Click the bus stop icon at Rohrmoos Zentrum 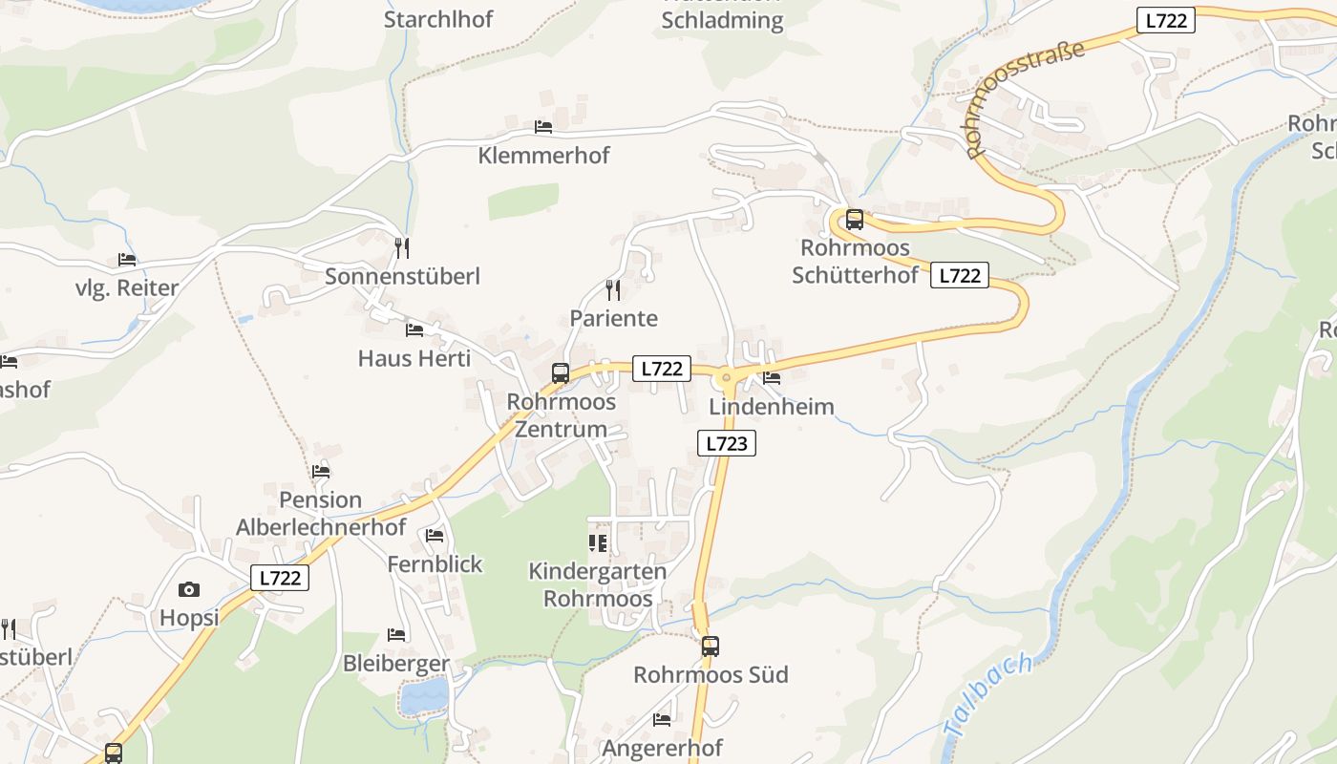pyautogui.click(x=561, y=373)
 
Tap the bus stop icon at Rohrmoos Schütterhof pyautogui.click(x=855, y=220)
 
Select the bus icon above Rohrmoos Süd pyautogui.click(x=710, y=647)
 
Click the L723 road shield pyautogui.click(x=726, y=443)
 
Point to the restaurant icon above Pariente pyautogui.click(x=613, y=289)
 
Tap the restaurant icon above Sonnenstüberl pyautogui.click(x=402, y=248)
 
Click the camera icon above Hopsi pyautogui.click(x=189, y=589)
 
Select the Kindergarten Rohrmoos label pyautogui.click(x=597, y=584)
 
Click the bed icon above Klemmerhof pyautogui.click(x=543, y=126)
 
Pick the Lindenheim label pyautogui.click(x=772, y=407)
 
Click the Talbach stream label pyautogui.click(x=988, y=695)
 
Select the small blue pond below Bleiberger pyautogui.click(x=424, y=696)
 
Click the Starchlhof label pyautogui.click(x=437, y=19)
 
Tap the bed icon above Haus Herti pyautogui.click(x=414, y=330)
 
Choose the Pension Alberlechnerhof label pyautogui.click(x=321, y=513)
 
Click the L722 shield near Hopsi pyautogui.click(x=281, y=578)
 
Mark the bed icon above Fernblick pyautogui.click(x=435, y=536)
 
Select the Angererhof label pyautogui.click(x=662, y=747)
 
